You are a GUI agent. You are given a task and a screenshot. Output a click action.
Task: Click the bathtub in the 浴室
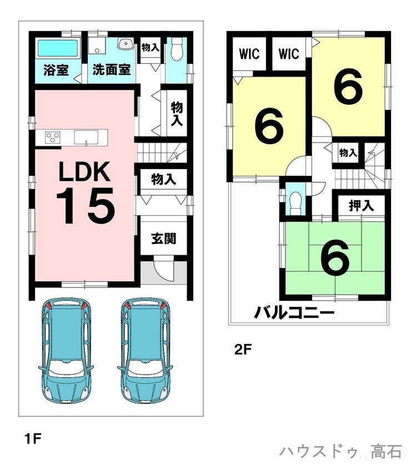[x=58, y=48]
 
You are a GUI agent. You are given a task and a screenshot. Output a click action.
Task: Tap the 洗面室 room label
[x=111, y=70]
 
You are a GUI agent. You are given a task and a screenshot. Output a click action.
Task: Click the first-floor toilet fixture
[x=177, y=49]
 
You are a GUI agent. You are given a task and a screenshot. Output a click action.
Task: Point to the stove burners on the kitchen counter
[x=53, y=137]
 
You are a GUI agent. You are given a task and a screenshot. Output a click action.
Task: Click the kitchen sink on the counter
[x=86, y=137]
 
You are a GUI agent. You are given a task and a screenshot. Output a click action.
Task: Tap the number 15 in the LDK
[x=86, y=205]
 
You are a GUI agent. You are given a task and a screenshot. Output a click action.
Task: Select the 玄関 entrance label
[x=163, y=239]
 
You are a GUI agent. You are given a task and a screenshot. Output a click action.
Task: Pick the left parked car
[x=66, y=350]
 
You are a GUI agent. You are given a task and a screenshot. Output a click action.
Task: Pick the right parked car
[x=145, y=350]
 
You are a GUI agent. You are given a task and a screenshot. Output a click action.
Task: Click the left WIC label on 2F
[x=249, y=54]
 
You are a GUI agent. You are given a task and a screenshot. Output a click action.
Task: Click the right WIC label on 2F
[x=289, y=54]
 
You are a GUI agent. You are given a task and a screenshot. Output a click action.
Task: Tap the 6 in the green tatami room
[x=334, y=257]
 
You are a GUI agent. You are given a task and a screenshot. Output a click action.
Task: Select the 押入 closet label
[x=361, y=205]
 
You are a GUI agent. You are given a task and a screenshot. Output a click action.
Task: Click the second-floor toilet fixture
[x=295, y=203]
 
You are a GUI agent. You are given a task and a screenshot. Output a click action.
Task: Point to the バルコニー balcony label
[x=294, y=312]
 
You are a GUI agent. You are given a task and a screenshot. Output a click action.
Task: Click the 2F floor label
[x=243, y=350]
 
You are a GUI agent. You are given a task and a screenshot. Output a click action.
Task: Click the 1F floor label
[x=33, y=438]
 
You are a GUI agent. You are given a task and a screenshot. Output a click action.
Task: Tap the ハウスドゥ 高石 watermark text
[x=340, y=451]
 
